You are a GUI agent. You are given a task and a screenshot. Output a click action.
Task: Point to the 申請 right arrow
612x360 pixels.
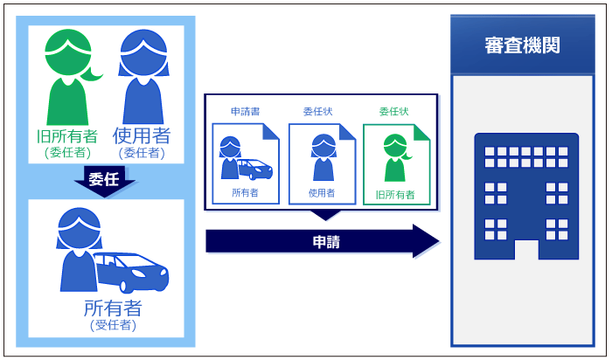point(322,241)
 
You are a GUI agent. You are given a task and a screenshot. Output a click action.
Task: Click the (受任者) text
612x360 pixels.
point(113,326)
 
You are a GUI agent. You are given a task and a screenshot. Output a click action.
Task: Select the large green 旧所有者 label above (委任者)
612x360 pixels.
point(66,136)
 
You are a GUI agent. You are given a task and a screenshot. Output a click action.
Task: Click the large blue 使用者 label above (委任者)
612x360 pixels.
point(142,135)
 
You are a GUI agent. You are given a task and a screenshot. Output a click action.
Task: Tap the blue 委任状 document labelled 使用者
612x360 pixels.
point(321,163)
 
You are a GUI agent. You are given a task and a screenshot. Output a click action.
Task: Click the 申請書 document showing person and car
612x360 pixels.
point(246,163)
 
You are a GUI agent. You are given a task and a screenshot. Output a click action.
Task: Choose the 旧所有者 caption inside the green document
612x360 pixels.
point(395,194)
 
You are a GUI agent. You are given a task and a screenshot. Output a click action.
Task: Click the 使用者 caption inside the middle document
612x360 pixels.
point(321,193)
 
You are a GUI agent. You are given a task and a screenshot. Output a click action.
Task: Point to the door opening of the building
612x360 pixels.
point(525,249)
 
